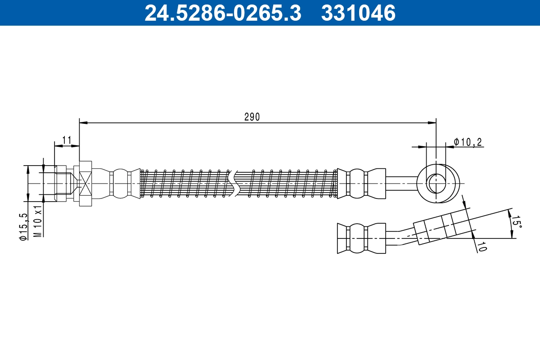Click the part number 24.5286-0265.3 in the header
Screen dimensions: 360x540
tap(222, 13)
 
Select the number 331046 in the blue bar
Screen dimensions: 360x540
tap(358, 13)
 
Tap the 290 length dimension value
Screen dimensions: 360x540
tap(252, 117)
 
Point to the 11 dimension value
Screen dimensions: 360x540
tap(67, 140)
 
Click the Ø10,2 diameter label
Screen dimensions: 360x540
tap(468, 142)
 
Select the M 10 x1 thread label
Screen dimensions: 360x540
tap(39, 222)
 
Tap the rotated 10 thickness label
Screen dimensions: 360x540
tap(481, 246)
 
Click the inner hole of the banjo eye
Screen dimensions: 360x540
tap(436, 183)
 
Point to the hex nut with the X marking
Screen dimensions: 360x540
tap(85, 183)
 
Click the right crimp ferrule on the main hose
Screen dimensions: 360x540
tap(361, 183)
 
